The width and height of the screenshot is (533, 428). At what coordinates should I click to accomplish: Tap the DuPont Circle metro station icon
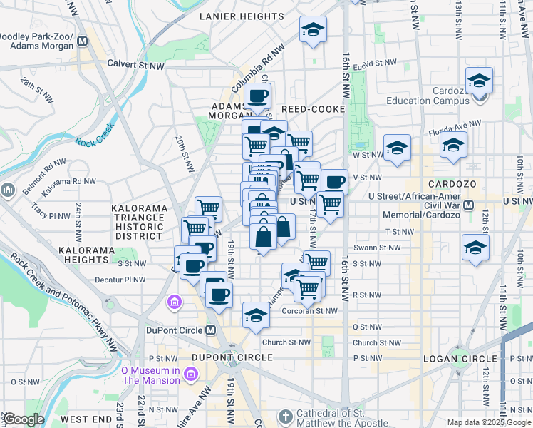(x=210, y=330)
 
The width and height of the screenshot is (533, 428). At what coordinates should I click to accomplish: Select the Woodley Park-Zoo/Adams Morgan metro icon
(x=83, y=41)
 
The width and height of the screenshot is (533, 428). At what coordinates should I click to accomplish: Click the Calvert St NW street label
(x=135, y=63)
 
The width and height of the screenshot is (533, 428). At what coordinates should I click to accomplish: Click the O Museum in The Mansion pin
(x=190, y=374)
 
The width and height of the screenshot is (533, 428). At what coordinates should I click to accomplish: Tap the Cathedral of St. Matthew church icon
(x=285, y=416)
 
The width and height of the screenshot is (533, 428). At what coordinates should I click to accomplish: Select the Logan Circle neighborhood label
(x=459, y=358)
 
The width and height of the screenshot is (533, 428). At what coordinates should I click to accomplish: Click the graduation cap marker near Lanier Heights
(x=312, y=29)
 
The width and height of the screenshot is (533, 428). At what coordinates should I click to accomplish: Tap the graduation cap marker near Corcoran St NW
(x=255, y=314)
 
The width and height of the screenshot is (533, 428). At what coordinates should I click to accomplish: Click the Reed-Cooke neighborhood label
(x=313, y=109)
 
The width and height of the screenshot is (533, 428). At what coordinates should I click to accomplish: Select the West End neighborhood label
(x=84, y=419)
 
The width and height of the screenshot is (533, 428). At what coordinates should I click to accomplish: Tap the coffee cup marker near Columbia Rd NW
(x=257, y=95)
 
